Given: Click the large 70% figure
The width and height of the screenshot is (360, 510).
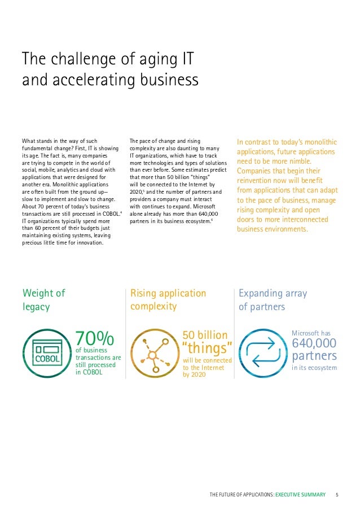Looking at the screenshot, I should point(95,339).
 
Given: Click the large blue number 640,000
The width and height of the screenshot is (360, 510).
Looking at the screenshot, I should point(314,343).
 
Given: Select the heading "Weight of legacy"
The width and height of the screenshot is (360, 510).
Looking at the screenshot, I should point(44,300).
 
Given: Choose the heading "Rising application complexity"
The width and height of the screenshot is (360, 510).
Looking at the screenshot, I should point(168,300).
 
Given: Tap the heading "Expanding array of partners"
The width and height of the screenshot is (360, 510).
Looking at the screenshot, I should point(273,300).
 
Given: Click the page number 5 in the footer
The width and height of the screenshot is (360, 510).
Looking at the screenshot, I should point(336,495).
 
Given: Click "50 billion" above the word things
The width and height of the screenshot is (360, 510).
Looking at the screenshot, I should point(205,335).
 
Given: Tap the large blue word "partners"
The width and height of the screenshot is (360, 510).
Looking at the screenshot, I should point(314,356).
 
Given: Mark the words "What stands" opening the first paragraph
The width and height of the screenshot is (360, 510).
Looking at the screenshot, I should point(39,141).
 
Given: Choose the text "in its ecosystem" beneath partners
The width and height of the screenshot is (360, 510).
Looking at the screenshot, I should point(314,368).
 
